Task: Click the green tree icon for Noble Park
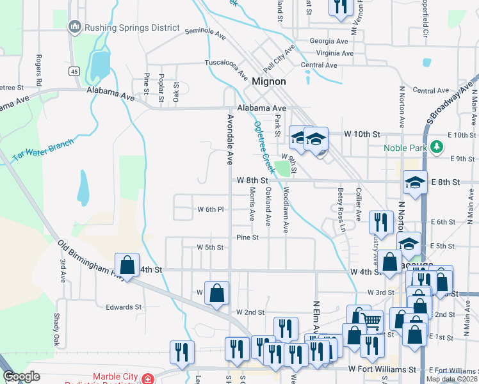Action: [x=437, y=147]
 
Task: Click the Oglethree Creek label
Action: [x=263, y=147]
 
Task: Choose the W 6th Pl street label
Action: [x=210, y=209]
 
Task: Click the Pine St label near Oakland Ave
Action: [x=247, y=237]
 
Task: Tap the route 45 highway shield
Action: [x=75, y=71]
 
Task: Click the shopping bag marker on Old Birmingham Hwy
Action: [x=127, y=264]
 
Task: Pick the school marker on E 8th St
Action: [x=415, y=183]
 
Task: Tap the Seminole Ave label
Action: [x=206, y=31]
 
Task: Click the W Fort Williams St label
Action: [x=382, y=370]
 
